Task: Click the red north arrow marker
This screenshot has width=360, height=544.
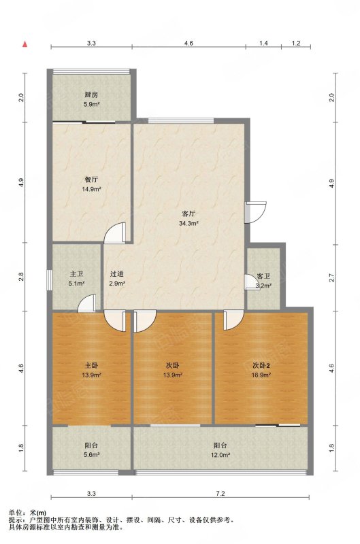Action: click(x=24, y=44)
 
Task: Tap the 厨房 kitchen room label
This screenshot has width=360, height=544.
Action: click(x=91, y=95)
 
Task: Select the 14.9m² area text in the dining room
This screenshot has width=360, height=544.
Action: click(x=91, y=190)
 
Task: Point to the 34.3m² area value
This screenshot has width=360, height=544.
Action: click(x=189, y=224)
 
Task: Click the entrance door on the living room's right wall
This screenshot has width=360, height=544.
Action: click(x=255, y=212)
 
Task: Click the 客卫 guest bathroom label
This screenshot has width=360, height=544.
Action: click(x=263, y=277)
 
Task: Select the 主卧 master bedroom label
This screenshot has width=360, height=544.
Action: click(x=92, y=365)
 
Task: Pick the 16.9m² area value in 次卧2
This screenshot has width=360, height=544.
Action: click(x=261, y=375)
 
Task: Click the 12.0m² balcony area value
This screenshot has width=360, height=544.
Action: click(x=220, y=455)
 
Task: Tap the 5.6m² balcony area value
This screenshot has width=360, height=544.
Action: click(x=92, y=455)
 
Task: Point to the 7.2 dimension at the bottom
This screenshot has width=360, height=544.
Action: click(x=220, y=494)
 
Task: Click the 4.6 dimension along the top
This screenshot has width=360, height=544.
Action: click(x=189, y=44)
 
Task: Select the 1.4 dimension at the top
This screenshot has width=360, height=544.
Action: click(x=263, y=44)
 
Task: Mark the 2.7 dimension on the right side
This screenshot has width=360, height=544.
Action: click(x=331, y=277)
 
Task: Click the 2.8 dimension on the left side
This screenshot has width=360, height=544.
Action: click(x=22, y=277)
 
